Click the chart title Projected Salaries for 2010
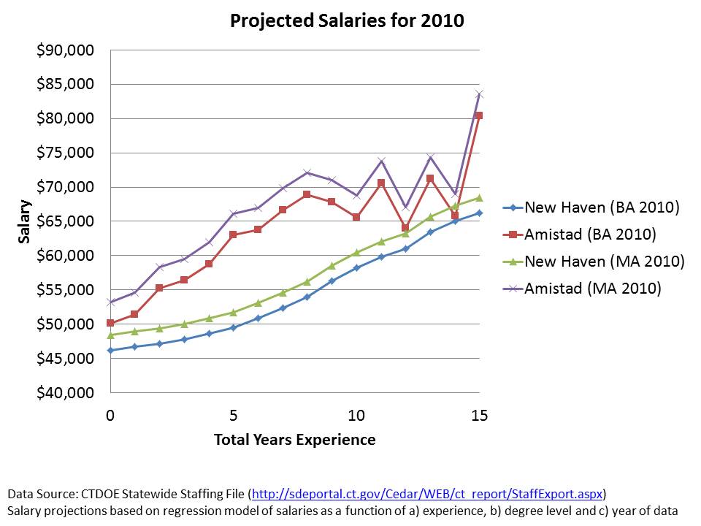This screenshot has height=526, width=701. tap(347, 20)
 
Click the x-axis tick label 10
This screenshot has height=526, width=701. tap(356, 415)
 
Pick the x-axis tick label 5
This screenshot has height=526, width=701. tap(233, 415)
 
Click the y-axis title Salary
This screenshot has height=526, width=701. tap(25, 221)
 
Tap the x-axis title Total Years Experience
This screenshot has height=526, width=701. tap(294, 440)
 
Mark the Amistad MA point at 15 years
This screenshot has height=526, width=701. tap(479, 94)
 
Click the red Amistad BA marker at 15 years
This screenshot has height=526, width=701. tap(479, 115)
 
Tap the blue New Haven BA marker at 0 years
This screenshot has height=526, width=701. tap(110, 351)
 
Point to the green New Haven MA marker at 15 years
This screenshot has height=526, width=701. tap(479, 198)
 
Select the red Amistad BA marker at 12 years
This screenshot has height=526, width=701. tap(405, 228)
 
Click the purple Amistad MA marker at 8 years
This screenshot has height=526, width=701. tap(307, 172)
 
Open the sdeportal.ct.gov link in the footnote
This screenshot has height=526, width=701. tap(428, 493)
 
